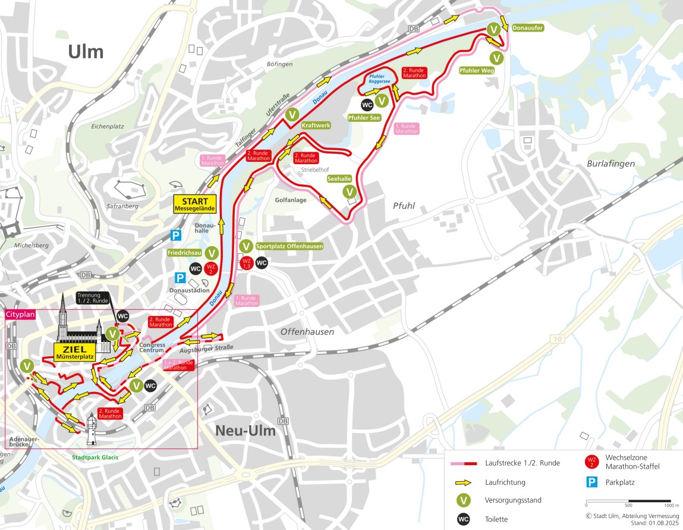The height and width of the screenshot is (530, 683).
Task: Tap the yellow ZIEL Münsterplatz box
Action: pyautogui.click(x=75, y=352)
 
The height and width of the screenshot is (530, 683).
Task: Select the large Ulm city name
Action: pyautogui.click(x=86, y=52)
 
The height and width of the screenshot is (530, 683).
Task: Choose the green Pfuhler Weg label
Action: pyautogui.click(x=477, y=70)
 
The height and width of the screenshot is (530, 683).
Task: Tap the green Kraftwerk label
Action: pyautogui.click(x=315, y=126)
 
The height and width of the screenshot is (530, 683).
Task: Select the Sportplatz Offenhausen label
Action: pyautogui.click(x=289, y=246)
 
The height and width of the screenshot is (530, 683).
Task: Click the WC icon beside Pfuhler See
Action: pyautogui.click(x=367, y=105)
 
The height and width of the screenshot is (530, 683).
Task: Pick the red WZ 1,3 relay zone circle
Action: pyautogui.click(x=247, y=263)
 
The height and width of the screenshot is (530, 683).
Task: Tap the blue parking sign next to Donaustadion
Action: pyautogui.click(x=179, y=278)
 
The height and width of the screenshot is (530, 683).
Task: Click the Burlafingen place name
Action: pyautogui.click(x=610, y=163)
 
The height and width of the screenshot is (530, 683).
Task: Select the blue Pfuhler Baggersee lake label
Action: pyautogui.click(x=379, y=79)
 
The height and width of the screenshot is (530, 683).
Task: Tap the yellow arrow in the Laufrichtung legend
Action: pyautogui.click(x=464, y=482)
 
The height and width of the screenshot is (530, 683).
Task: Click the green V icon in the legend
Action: pyautogui.click(x=464, y=501)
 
